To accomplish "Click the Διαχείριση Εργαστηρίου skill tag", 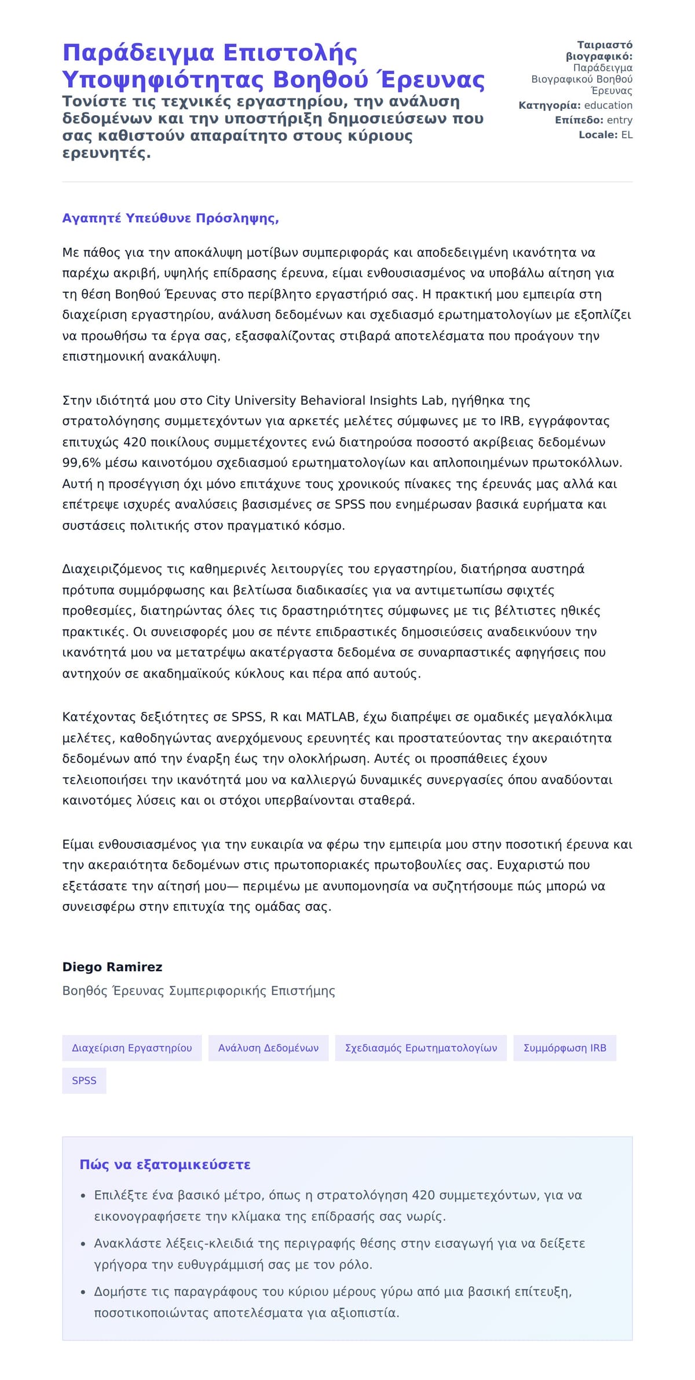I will [x=131, y=1048].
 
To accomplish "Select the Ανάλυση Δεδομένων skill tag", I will [x=268, y=1048].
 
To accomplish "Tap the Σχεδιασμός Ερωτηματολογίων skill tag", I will [x=421, y=1048].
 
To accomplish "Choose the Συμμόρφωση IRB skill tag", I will [x=565, y=1048].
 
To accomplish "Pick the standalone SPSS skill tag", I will [x=84, y=1081].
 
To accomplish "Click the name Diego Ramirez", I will [x=112, y=967].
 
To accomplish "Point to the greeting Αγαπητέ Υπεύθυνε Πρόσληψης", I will [x=170, y=218].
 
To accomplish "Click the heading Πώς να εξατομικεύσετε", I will [x=165, y=1165].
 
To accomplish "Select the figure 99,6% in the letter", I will [x=82, y=463].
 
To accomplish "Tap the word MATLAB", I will [x=330, y=717].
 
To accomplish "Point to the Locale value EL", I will [x=627, y=135].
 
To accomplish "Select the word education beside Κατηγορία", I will [x=608, y=105].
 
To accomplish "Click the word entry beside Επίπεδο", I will [x=620, y=120].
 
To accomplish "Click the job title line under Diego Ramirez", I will [x=199, y=991].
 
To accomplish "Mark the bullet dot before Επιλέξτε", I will [x=83, y=1195].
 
